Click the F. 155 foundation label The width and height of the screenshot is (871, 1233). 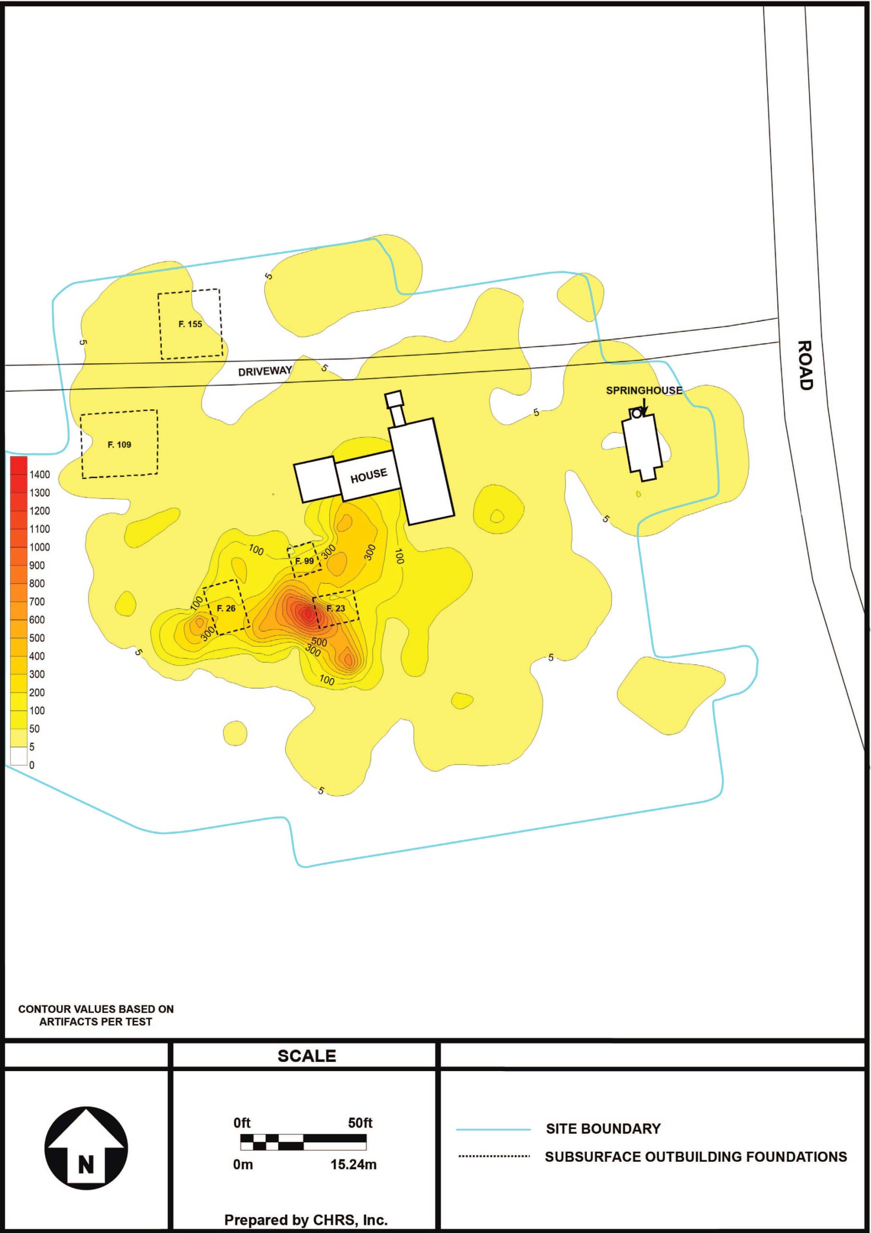point(190,324)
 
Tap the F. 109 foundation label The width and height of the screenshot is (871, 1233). point(119,445)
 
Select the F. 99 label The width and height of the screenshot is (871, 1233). point(304,561)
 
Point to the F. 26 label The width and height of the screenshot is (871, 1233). point(226,608)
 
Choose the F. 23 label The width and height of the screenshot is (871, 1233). point(336,608)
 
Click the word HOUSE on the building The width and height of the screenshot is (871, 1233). point(369,475)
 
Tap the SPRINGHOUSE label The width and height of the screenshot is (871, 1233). point(644,391)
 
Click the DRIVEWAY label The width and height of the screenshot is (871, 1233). point(265,371)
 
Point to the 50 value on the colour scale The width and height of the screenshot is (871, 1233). point(34,729)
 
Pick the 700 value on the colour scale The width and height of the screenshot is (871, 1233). point(37,602)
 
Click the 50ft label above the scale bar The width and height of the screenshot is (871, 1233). point(360,1123)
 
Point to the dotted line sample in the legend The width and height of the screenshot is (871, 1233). point(494,1156)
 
